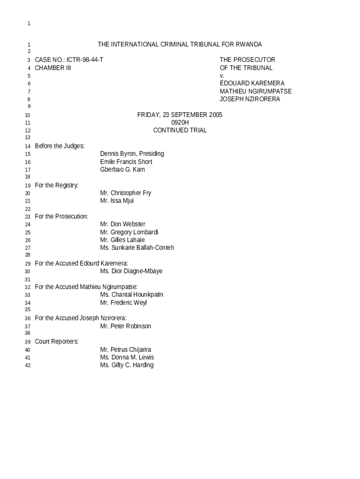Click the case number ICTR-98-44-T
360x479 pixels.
click(x=85, y=60)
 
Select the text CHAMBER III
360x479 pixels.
click(x=53, y=68)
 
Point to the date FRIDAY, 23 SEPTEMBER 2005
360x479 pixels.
click(x=180, y=115)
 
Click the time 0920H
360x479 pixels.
click(x=180, y=123)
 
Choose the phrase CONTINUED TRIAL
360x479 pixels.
click(x=180, y=131)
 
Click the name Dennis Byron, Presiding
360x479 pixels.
click(x=132, y=154)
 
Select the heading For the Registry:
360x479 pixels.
click(x=57, y=185)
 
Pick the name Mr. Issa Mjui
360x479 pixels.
click(x=117, y=201)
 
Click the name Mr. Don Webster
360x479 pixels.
click(x=122, y=224)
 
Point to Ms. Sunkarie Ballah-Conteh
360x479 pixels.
click(x=137, y=247)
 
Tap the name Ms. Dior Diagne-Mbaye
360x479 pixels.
click(x=131, y=271)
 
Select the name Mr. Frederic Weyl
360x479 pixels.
click(x=123, y=303)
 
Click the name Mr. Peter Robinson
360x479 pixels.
click(x=125, y=326)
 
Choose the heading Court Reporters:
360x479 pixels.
click(x=57, y=341)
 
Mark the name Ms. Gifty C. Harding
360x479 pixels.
click(x=127, y=365)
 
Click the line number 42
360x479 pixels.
click(x=28, y=365)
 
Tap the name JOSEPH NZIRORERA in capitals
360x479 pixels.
click(x=250, y=99)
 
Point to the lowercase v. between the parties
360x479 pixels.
click(x=222, y=75)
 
